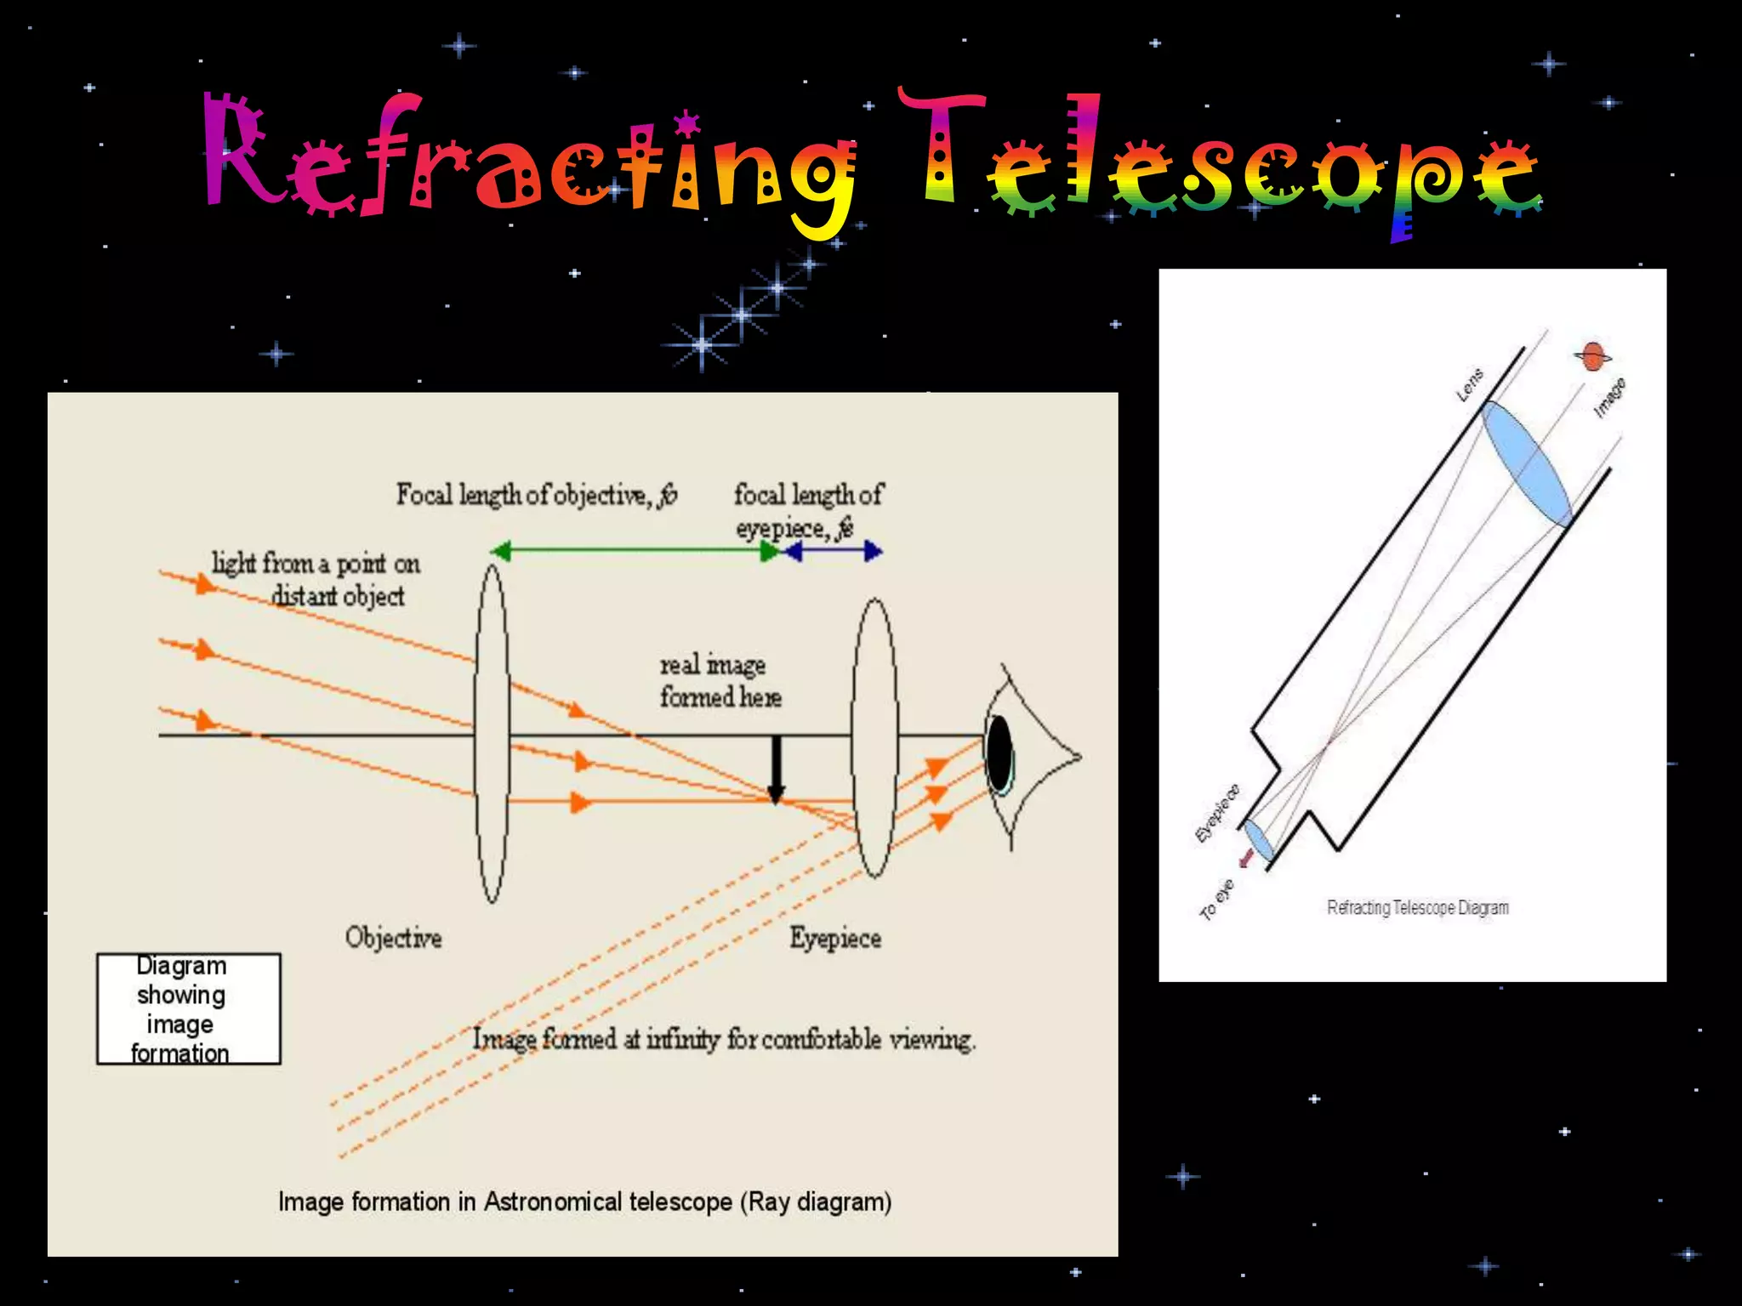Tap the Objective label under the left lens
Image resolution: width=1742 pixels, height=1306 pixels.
pyautogui.click(x=393, y=938)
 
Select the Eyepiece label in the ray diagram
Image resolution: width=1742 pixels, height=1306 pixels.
pyautogui.click(x=834, y=938)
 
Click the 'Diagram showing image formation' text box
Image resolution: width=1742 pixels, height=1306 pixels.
pyautogui.click(x=188, y=1008)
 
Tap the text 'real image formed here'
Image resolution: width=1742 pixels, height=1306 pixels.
pyautogui.click(x=720, y=680)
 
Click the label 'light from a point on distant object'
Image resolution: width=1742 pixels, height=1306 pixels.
pyautogui.click(x=323, y=579)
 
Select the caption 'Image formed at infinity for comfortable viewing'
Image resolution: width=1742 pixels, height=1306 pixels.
pyautogui.click(x=724, y=1039)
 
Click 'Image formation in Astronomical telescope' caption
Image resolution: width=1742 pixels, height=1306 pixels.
pyautogui.click(x=584, y=1201)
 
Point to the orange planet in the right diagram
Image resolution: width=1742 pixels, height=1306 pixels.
pyautogui.click(x=1591, y=357)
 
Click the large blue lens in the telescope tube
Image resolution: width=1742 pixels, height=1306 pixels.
pyautogui.click(x=1527, y=464)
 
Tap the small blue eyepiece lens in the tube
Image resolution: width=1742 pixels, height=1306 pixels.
pyautogui.click(x=1259, y=840)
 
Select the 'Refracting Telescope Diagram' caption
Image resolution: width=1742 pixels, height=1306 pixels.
pyautogui.click(x=1417, y=907)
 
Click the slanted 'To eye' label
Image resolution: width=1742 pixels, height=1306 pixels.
pyautogui.click(x=1216, y=900)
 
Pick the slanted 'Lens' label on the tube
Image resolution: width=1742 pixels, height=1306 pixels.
pyautogui.click(x=1469, y=385)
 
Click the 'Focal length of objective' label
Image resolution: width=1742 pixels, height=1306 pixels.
pyautogui.click(x=536, y=495)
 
